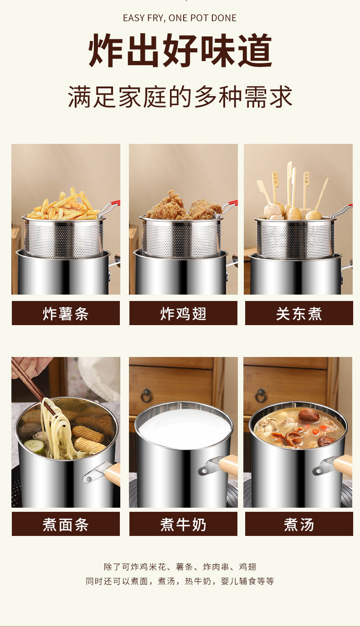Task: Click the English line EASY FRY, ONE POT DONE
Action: click(x=180, y=18)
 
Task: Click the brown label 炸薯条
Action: click(x=66, y=313)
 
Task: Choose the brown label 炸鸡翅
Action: click(x=183, y=313)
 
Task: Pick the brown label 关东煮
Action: click(x=299, y=313)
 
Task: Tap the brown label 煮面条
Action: click(x=66, y=524)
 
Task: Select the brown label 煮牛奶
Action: click(x=183, y=524)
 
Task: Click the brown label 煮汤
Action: click(x=299, y=524)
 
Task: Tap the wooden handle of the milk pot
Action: click(x=229, y=465)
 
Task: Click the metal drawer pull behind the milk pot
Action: click(x=146, y=394)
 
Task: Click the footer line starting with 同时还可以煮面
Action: click(x=180, y=581)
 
